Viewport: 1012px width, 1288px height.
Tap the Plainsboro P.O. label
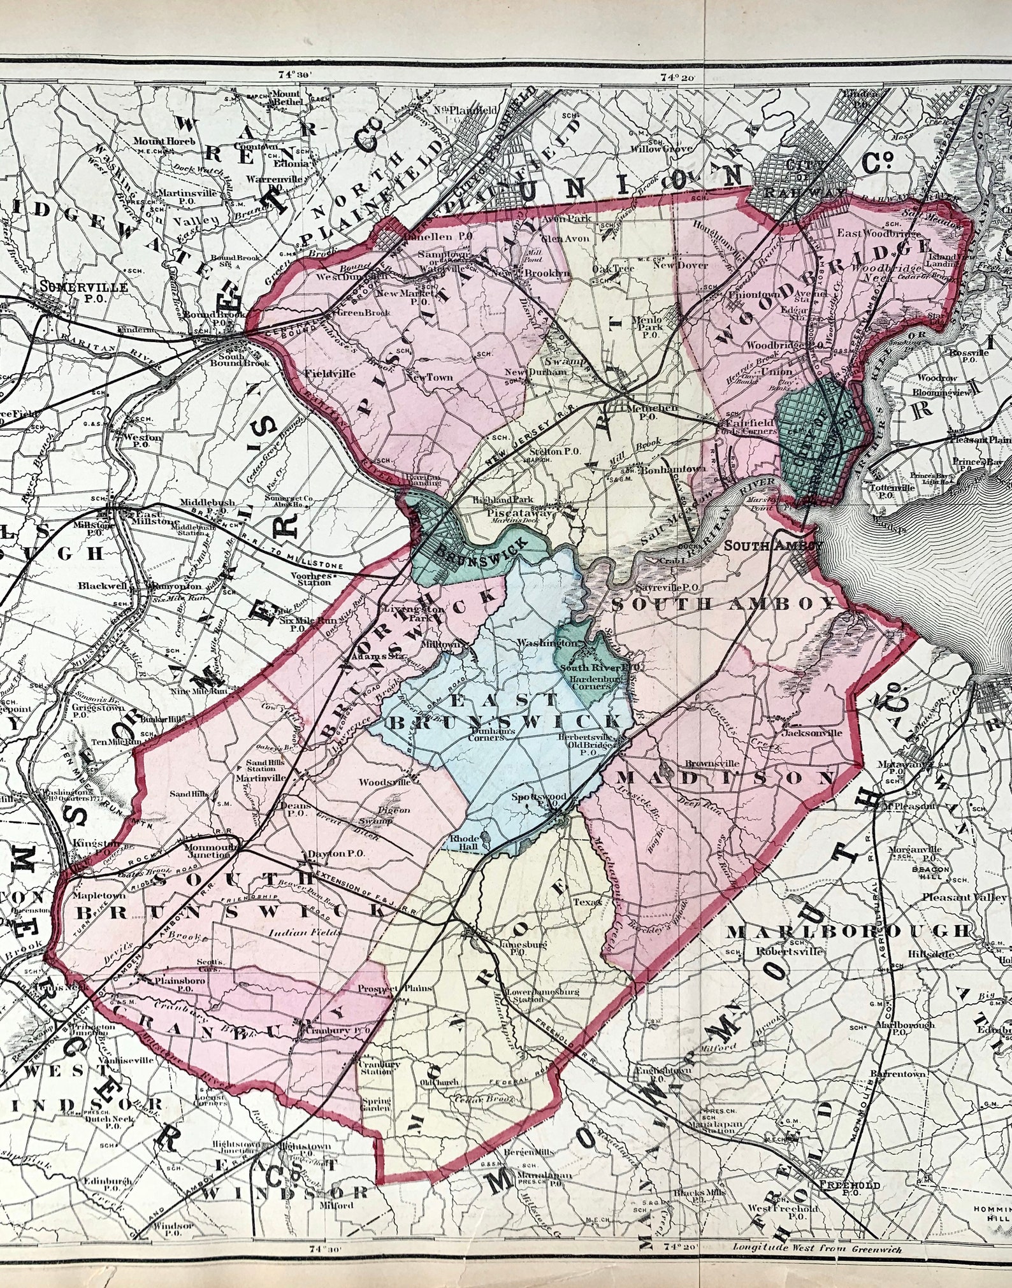[184, 985]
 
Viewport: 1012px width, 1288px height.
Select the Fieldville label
[330, 374]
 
